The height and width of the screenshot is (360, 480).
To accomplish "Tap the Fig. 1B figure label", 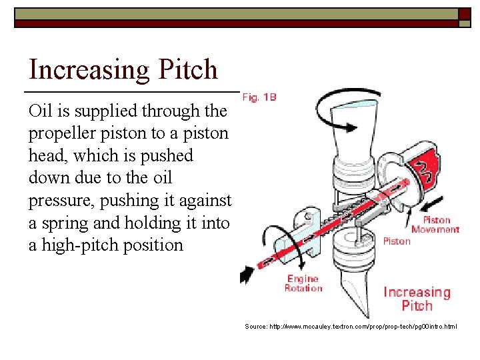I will point(259,97).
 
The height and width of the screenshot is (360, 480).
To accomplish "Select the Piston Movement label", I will point(435,225).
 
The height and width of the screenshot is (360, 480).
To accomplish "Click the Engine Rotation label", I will point(303,283).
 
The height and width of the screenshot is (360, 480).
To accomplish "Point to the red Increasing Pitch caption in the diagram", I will point(417,299).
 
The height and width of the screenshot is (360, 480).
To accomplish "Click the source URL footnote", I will point(351,327).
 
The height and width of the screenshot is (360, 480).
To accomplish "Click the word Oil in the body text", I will point(40,111).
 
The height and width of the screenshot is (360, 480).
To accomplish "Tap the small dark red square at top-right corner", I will point(465,14).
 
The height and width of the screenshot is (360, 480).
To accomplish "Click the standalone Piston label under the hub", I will point(397,241).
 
